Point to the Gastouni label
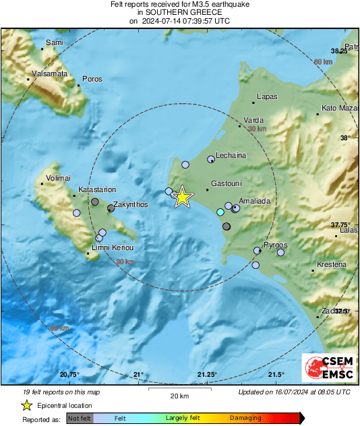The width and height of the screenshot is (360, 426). (x=227, y=183)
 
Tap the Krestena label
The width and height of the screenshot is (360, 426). (x=331, y=264)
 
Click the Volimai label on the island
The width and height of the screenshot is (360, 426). (x=57, y=179)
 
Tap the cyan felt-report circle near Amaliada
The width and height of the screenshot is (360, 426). (x=220, y=212)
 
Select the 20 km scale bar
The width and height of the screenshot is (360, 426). (x=179, y=389)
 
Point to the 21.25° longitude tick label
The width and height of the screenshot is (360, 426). (x=207, y=375)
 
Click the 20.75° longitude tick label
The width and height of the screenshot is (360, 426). (x=70, y=375)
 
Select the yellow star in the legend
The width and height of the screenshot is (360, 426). (x=26, y=405)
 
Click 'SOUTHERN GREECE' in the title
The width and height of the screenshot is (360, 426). (x=179, y=12)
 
